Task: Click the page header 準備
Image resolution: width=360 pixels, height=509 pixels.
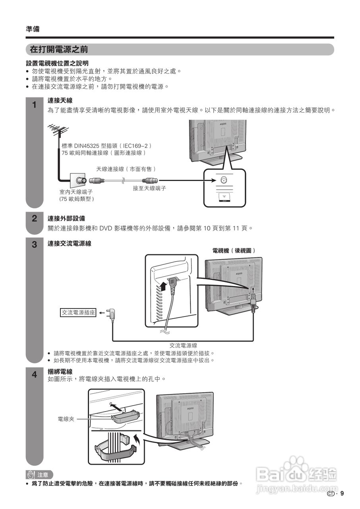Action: click(x=33, y=29)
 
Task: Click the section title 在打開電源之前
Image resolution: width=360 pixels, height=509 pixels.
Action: click(x=59, y=50)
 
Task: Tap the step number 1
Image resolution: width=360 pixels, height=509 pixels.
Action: click(x=35, y=105)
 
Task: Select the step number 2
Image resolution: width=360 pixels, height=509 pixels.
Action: click(x=35, y=218)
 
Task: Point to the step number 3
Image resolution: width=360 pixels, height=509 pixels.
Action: click(x=35, y=244)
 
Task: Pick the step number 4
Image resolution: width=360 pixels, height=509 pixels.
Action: click(x=35, y=375)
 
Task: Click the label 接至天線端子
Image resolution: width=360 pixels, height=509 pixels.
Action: click(x=149, y=188)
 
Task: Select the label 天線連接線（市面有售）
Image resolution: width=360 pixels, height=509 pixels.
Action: click(x=126, y=169)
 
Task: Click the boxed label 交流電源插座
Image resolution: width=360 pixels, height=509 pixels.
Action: click(x=78, y=313)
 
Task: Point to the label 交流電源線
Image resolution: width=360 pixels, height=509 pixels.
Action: click(x=183, y=346)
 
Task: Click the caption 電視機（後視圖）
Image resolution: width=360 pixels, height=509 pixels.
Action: click(x=234, y=251)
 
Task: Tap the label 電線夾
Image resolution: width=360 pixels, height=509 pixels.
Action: click(x=66, y=419)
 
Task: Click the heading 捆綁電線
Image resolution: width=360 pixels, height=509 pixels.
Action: click(x=60, y=371)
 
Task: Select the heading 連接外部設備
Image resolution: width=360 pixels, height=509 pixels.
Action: click(x=66, y=218)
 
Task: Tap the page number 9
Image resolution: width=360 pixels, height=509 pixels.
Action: click(x=342, y=494)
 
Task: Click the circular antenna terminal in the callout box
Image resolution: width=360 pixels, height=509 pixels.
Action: click(x=224, y=180)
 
